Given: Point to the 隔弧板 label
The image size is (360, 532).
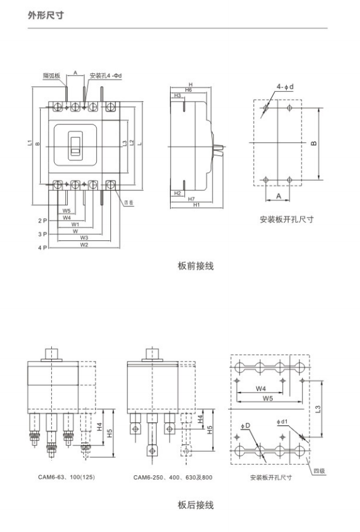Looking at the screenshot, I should [51, 76].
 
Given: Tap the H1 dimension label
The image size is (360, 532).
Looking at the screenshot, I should [197, 205].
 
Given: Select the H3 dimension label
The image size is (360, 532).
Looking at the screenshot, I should [178, 96].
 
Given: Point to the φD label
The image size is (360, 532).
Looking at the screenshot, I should [246, 426].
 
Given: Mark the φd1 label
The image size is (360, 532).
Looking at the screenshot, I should [282, 422].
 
